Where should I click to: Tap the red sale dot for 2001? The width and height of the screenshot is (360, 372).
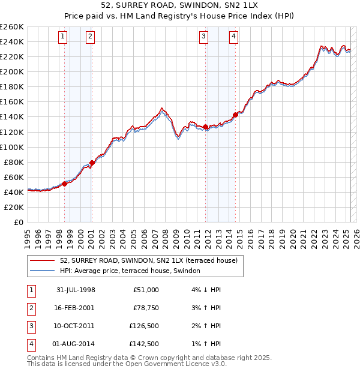click(92, 163)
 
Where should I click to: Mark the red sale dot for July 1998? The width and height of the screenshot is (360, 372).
click(64, 184)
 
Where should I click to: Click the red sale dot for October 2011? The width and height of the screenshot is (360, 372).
click(205, 127)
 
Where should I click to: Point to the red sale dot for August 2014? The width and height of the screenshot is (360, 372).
click(235, 115)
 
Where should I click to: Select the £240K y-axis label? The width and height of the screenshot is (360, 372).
click(12, 41)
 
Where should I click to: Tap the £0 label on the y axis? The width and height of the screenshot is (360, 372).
click(17, 222)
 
